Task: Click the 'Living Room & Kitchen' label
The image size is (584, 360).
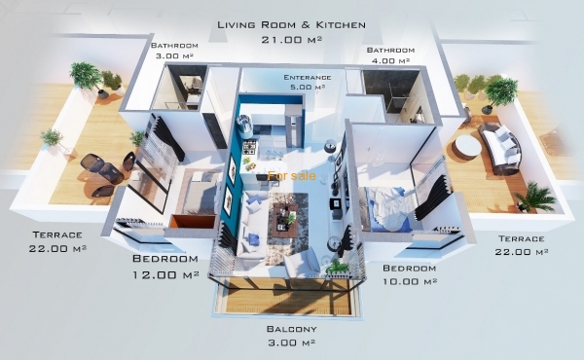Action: (x=291, y=25)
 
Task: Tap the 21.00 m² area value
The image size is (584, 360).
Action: (x=291, y=40)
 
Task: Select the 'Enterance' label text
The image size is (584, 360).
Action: (x=308, y=78)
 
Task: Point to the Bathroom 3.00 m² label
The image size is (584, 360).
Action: (x=174, y=51)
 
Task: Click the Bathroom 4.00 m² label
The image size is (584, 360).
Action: (x=390, y=55)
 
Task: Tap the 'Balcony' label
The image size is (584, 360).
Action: (x=292, y=329)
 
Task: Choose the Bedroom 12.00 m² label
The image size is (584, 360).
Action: (x=165, y=267)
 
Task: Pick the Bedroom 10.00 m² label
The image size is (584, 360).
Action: (x=410, y=274)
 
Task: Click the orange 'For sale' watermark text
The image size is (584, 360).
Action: (x=292, y=176)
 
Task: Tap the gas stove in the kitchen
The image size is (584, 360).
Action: (x=249, y=148)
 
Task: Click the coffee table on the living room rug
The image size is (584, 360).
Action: (x=285, y=221)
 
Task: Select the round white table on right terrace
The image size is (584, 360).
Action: (x=469, y=146)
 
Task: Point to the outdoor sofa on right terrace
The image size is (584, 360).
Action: (x=499, y=148)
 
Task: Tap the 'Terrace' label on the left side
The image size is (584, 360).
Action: (x=57, y=234)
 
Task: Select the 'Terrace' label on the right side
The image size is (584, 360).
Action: (x=522, y=238)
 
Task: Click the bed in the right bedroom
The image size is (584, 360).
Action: (x=385, y=209)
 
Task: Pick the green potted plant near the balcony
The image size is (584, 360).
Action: (x=337, y=267)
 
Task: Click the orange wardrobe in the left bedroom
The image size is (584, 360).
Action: (x=192, y=221)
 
